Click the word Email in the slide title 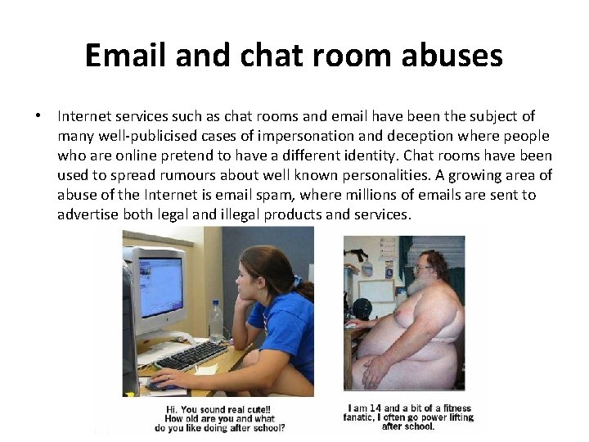(126, 56)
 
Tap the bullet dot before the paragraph (38, 117)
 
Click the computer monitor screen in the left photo (160, 287)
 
